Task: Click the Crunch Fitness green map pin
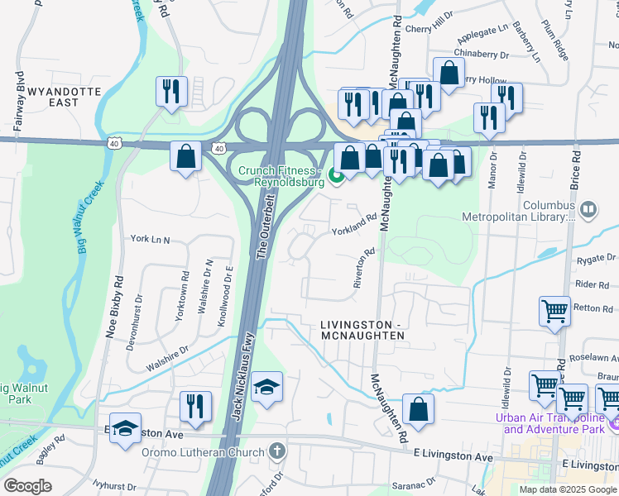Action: [336, 175]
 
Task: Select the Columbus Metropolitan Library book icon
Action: [588, 209]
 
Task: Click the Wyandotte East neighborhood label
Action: [64, 96]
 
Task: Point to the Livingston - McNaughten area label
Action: [362, 331]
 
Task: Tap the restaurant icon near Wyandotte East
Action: [171, 91]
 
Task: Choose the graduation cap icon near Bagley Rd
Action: [125, 429]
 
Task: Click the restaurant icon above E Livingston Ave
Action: [196, 406]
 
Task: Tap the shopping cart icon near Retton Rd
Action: [554, 312]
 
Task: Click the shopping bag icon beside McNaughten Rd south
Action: [420, 409]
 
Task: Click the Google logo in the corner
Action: [28, 486]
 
